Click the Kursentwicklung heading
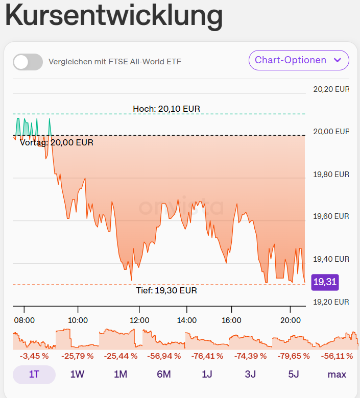coord(114,16)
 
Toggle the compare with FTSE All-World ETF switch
coord(28,62)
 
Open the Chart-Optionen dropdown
coord(299,60)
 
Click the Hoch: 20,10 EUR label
coord(166,109)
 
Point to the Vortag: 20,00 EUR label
coord(57,143)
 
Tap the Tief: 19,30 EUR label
coord(166,290)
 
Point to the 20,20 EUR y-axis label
coord(330,89)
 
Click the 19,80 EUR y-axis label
coord(330,174)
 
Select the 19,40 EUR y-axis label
coord(330,259)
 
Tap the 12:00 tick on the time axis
coord(139,320)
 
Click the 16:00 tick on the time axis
coord(232,320)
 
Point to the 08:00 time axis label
coord(25,320)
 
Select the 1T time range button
coord(34,375)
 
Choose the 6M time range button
coord(163,375)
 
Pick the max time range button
coord(337,375)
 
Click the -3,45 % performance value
coord(34,356)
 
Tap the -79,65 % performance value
coord(294,356)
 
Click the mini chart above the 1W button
coord(78,339)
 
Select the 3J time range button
coord(250,375)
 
